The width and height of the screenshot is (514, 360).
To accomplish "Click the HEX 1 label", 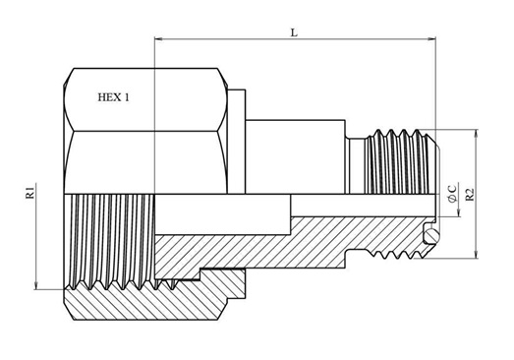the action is point(114,97).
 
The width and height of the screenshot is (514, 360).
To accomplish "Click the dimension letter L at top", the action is point(295,32).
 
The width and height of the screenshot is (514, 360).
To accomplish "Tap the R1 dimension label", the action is point(29,193).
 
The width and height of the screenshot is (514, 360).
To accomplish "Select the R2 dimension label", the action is point(471,195).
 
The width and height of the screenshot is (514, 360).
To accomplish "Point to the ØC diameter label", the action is point(452,194).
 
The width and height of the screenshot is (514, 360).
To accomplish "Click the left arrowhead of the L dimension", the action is point(158,39).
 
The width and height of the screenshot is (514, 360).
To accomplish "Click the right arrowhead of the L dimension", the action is point(431,39).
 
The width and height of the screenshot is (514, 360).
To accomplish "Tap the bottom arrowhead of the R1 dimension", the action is point(36,285).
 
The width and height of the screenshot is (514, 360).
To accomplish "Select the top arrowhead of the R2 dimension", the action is point(477,134).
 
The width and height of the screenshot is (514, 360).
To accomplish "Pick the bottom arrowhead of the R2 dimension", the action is point(477,254).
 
